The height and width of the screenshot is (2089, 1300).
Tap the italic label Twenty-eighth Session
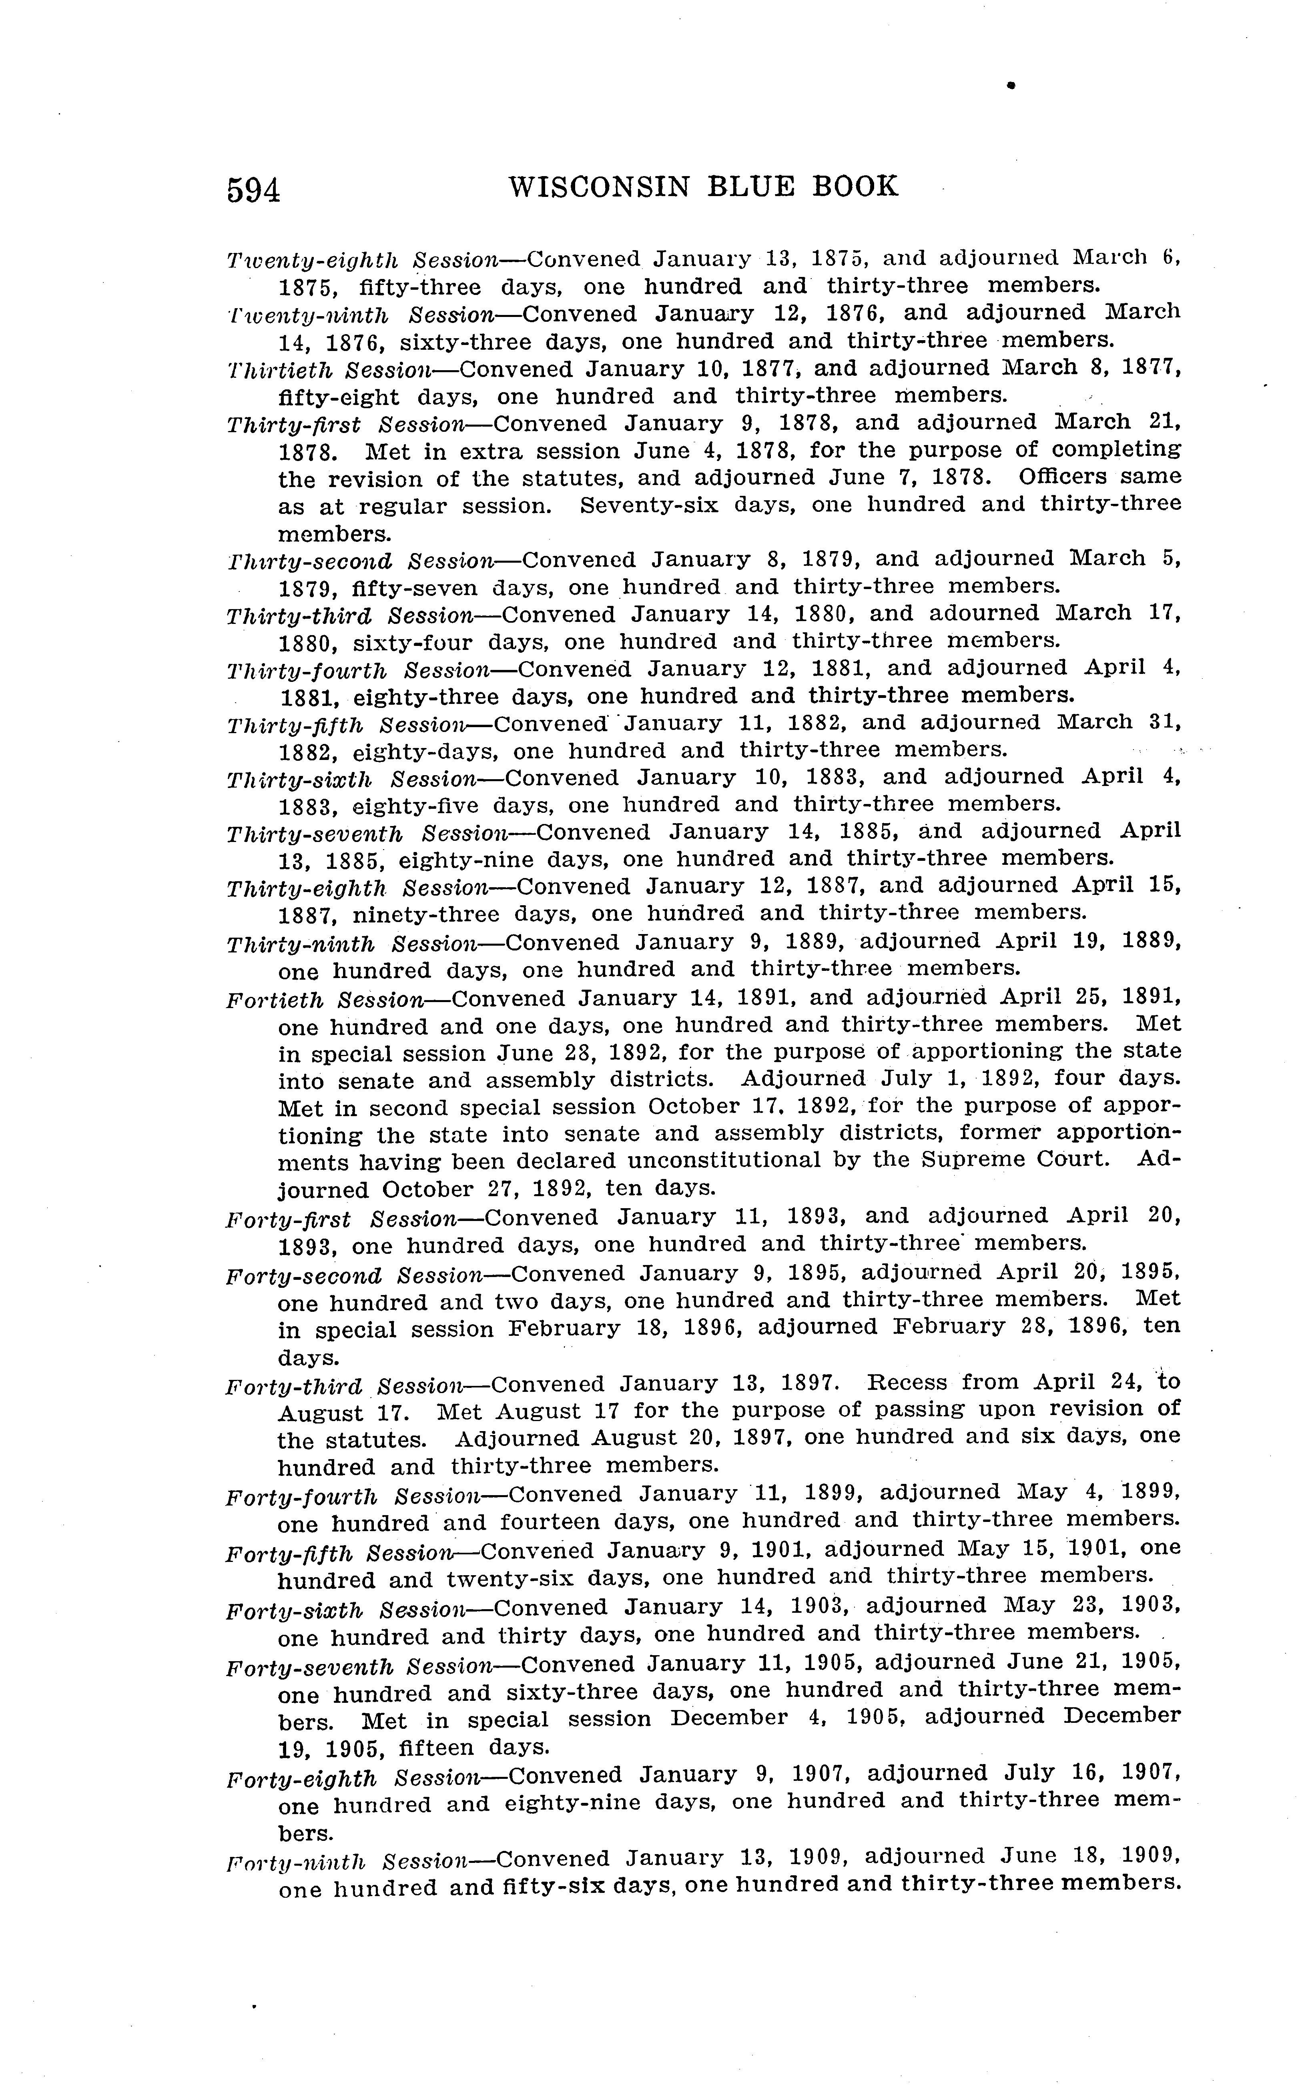tap(362, 260)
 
